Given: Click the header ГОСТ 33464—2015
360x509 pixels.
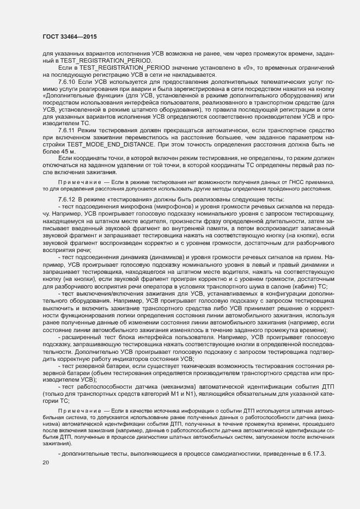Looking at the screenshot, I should tap(71, 35).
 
